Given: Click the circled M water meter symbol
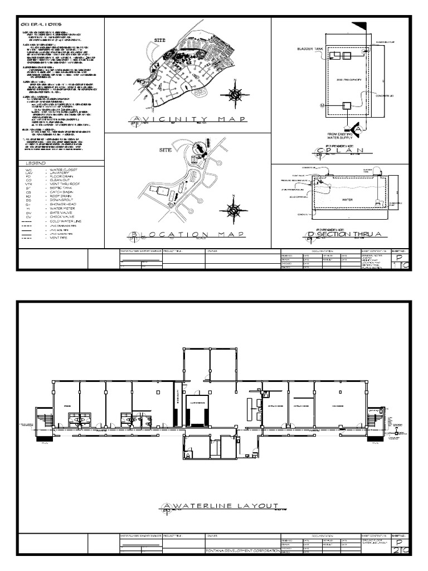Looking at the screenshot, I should pos(322,105).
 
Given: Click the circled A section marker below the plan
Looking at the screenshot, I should pos(358,129).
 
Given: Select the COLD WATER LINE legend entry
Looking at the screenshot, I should pos(63,222).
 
